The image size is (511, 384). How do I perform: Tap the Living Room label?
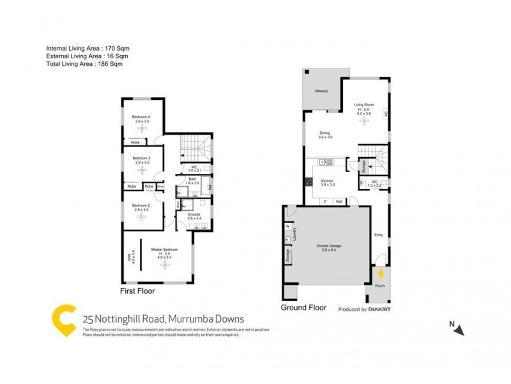point(364,104)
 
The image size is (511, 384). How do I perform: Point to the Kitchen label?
point(328,181)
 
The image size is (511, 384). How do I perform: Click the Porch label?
point(379,285)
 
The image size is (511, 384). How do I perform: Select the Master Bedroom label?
point(164,249)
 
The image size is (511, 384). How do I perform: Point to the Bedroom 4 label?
point(141,117)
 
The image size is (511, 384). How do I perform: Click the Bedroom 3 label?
point(141,158)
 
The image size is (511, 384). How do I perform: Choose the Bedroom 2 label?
point(141,206)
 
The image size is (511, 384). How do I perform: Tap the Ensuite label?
point(194,214)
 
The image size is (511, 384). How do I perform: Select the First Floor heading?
point(137,291)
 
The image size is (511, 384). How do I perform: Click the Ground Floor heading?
point(303,308)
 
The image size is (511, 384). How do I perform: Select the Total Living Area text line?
point(84,64)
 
